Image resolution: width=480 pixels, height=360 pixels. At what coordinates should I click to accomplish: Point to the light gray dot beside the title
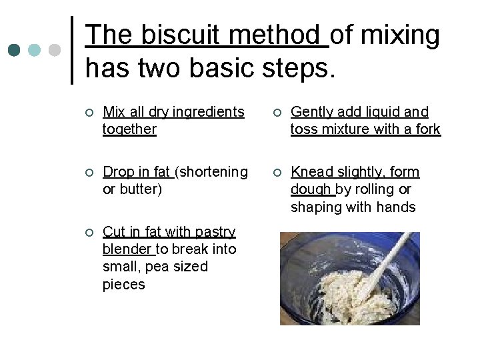point(55,51)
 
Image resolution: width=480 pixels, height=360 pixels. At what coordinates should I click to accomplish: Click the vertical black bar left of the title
point(72,51)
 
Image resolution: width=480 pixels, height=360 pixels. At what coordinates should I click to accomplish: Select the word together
point(129,129)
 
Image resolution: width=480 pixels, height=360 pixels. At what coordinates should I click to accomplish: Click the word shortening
point(214,172)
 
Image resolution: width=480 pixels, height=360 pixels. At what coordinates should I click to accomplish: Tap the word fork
point(427,129)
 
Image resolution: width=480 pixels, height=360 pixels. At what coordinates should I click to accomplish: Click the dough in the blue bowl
point(340,293)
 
